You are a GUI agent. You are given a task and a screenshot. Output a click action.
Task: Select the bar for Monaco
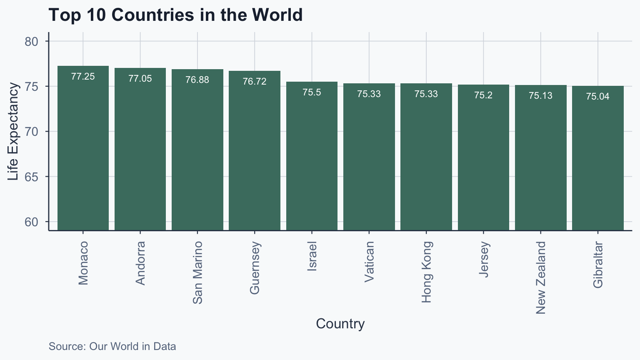(83, 148)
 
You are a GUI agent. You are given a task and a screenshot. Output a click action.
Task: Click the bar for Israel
(312, 156)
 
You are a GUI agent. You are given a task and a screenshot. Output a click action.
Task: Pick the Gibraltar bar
(597, 158)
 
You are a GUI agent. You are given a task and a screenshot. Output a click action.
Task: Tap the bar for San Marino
(197, 150)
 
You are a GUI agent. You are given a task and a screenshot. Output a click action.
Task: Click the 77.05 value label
(140, 79)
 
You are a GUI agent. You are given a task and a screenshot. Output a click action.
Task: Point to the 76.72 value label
(255, 82)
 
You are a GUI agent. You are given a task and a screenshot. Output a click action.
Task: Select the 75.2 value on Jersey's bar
(483, 95)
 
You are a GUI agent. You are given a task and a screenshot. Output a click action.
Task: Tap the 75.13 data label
(540, 96)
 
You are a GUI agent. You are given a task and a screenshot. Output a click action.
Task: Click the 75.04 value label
(597, 97)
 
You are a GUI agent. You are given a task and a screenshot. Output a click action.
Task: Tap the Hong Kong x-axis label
(426, 272)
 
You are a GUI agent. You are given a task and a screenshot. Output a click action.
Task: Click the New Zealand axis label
(540, 277)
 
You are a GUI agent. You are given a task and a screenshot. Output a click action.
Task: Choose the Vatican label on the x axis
(369, 262)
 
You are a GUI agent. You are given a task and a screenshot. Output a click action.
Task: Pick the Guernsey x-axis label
(255, 268)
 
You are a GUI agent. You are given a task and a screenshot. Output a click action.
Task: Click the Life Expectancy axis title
(13, 132)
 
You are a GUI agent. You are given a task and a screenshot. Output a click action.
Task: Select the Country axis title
(340, 324)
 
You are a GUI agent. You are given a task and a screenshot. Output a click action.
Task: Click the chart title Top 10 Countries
(175, 15)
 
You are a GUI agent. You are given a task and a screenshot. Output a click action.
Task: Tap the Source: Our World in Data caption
(112, 346)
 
